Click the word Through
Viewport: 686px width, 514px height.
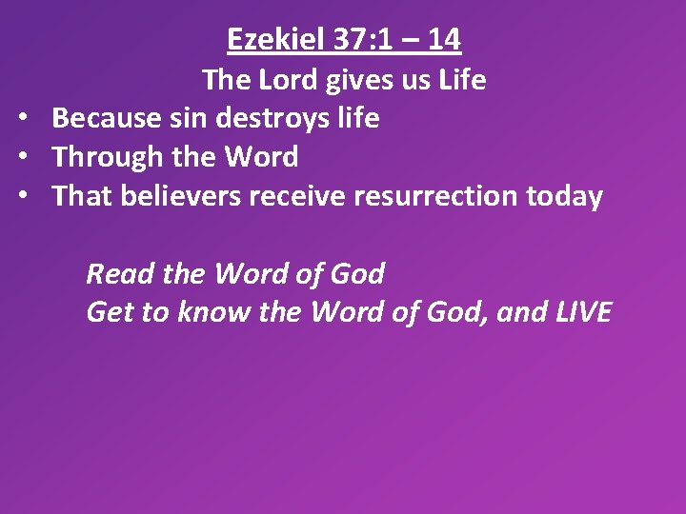(107, 157)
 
